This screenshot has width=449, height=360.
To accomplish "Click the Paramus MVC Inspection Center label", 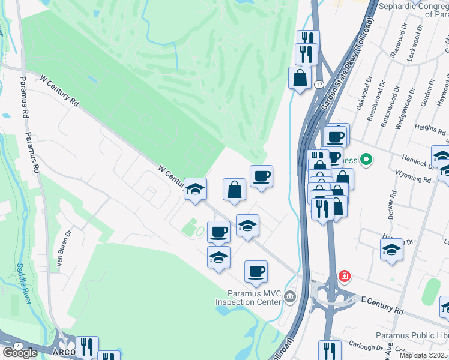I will pyautogui.click(x=254, y=298).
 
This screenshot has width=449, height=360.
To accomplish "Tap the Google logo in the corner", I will pyautogui.click(x=20, y=352).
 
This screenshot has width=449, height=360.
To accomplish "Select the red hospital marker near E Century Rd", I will pyautogui.click(x=345, y=277).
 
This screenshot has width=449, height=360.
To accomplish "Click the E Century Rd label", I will pyautogui.click(x=382, y=304).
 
